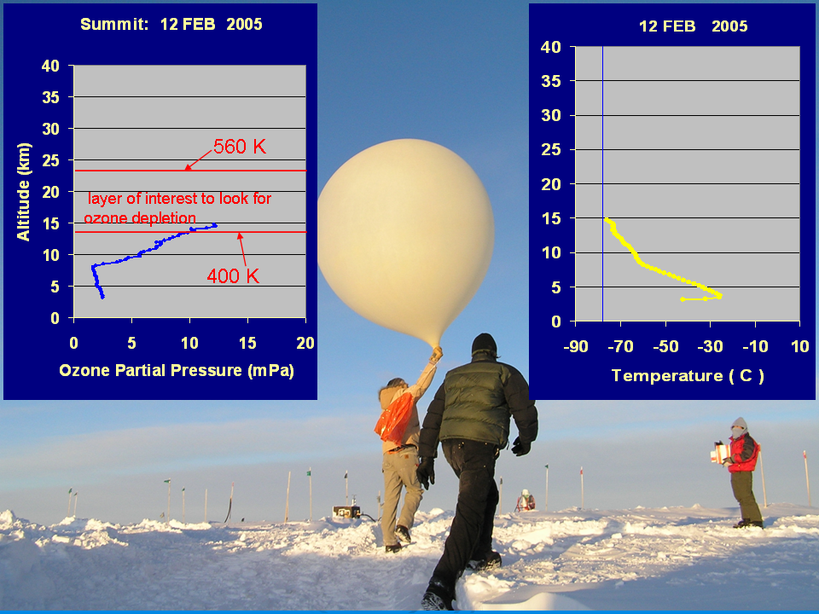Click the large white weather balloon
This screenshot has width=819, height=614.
pos(406,240)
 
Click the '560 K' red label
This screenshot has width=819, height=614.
pos(240,147)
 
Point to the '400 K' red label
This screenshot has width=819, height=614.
pos(233,275)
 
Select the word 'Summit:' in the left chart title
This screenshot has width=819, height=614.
pos(114,25)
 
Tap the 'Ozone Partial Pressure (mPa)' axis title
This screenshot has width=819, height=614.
pos(177,371)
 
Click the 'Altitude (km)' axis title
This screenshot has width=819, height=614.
pos(24,192)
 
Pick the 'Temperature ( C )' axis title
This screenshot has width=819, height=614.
pos(688,376)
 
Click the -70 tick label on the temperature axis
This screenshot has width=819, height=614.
pos(620,346)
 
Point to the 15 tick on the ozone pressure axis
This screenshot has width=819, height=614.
pos(247,343)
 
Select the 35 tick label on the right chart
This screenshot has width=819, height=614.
pos(551,81)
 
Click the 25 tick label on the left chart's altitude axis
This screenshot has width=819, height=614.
pos(50,160)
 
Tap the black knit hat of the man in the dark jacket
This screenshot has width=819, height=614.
pos(485,344)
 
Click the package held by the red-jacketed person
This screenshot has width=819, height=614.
pos(719,452)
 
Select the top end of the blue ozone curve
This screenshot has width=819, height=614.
pos(215,225)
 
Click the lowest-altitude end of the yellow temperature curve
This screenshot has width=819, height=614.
pos(682,299)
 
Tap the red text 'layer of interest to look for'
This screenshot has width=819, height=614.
pos(179,199)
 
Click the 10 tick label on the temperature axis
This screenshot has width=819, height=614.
pos(800,346)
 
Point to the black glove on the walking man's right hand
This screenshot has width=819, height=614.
pos(426,472)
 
